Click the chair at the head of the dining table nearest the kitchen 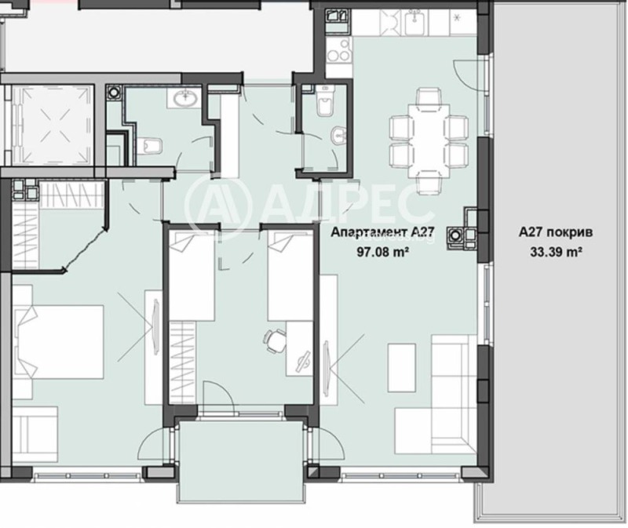tap(429, 100)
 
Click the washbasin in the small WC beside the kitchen tap(338, 136)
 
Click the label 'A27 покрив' tap(549, 233)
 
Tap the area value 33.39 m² tap(549, 252)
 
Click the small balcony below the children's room tap(240, 459)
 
